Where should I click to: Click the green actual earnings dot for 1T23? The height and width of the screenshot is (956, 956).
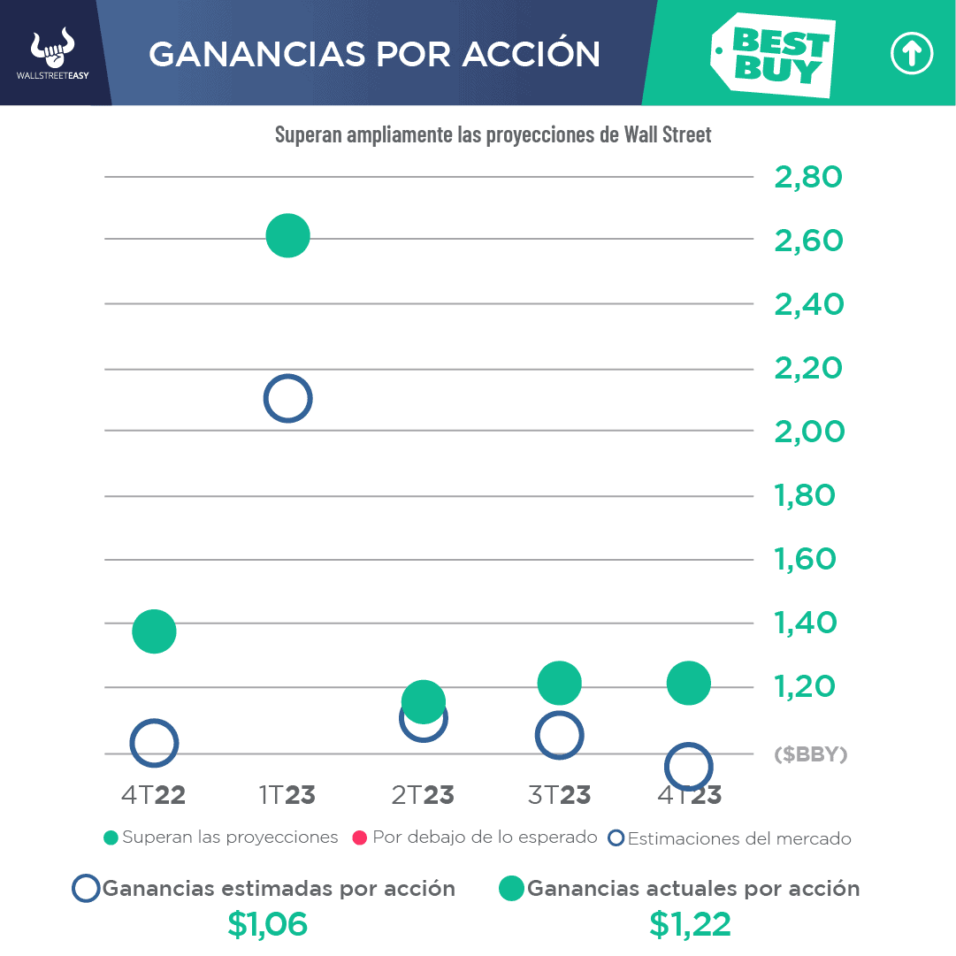coord(287,236)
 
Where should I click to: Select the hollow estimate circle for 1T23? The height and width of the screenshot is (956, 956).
coord(287,399)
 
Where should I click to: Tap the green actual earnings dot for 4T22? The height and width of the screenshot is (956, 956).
coord(155,631)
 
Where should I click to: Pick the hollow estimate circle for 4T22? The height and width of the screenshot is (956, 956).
coord(154,743)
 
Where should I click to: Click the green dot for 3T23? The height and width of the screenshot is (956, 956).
coord(559,683)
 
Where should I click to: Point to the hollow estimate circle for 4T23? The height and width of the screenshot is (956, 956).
coord(688,767)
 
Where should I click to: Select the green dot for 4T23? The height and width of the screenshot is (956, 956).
coord(689,683)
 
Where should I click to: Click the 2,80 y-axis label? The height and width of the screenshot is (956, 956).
coord(807,178)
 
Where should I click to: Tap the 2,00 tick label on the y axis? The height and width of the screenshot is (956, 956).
coord(808,432)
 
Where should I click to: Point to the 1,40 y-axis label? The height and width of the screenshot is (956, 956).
coord(805,623)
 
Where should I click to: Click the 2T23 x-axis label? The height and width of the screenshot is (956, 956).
coord(423,795)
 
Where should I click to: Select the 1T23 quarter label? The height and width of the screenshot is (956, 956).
coord(287,795)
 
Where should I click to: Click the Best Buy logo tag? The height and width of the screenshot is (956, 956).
coord(772,55)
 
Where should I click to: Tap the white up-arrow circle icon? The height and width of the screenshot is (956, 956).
coord(911,55)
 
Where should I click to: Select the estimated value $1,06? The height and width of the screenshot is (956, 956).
coord(267,925)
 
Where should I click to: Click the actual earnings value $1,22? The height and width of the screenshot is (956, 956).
coord(690,925)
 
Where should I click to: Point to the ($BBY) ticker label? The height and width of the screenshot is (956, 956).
coord(810,755)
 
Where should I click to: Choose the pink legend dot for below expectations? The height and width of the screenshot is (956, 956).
coord(359,837)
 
